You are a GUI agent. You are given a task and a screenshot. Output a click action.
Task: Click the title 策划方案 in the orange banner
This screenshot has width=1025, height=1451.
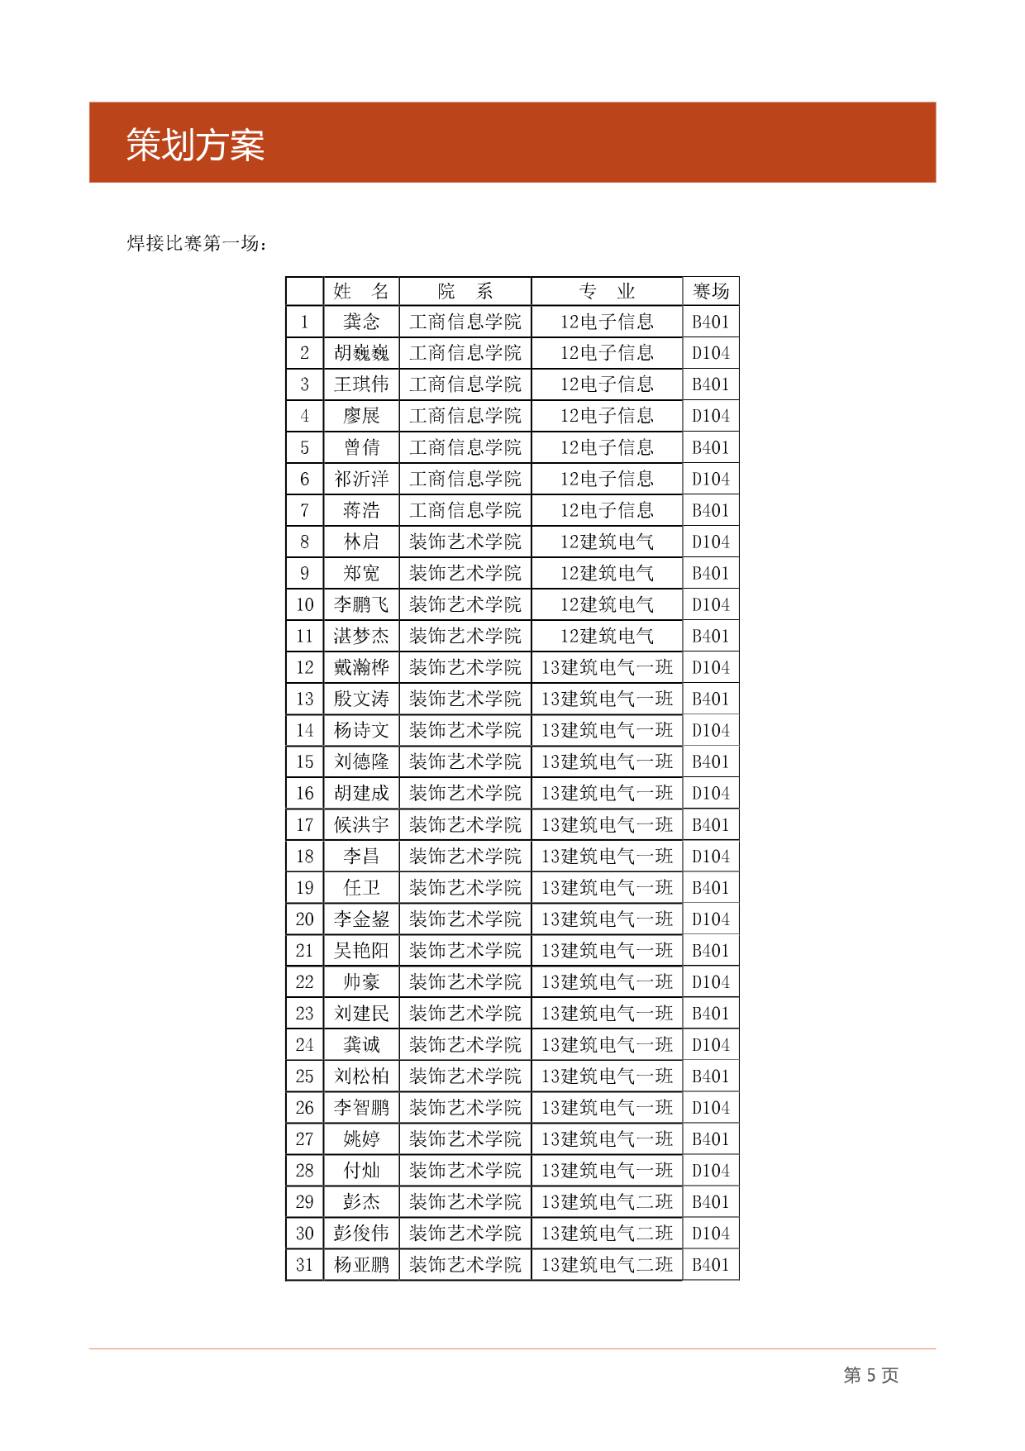coord(195,146)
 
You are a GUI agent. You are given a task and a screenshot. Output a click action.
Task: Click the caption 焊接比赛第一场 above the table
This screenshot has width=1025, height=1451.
coord(196,243)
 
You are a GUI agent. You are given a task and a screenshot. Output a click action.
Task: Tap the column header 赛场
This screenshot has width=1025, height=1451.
coord(711,291)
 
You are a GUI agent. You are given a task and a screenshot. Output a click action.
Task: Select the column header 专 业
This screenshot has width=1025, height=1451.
coord(607,291)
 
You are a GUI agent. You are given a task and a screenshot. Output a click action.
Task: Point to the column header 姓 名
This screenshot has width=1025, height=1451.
coord(361,291)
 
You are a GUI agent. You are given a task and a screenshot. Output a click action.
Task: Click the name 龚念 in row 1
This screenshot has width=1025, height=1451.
coord(361,322)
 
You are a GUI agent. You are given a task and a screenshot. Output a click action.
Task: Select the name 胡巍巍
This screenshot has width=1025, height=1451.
coord(361,353)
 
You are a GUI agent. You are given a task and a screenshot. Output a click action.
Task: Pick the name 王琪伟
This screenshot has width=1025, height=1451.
coord(361,384)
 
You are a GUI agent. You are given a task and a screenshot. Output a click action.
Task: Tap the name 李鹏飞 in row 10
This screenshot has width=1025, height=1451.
coord(361,604)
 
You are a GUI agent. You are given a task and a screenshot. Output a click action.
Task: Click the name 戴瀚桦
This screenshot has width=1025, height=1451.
coord(361,667)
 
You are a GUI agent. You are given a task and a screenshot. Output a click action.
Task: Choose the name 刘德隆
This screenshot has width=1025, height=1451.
coord(361,761)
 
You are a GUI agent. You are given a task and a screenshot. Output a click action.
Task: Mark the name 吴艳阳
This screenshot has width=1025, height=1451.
coord(361,951)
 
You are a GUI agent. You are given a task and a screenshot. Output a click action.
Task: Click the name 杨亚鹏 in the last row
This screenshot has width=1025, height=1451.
coord(361,1265)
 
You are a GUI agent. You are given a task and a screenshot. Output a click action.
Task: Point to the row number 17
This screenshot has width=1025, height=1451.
coord(305,825)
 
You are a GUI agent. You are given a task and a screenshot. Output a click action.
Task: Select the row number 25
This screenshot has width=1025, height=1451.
coord(305,1076)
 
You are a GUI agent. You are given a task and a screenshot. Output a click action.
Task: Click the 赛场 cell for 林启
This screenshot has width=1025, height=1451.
coord(711,542)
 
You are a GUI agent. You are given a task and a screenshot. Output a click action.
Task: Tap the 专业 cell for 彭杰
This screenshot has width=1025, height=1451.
coord(607,1202)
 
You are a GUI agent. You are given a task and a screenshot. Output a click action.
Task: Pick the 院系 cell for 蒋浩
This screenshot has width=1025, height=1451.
coord(465,510)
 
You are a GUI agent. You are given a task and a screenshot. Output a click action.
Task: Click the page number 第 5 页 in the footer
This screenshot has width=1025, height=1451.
coord(870,1375)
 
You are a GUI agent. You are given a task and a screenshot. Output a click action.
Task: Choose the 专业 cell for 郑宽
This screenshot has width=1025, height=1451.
coord(607,573)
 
